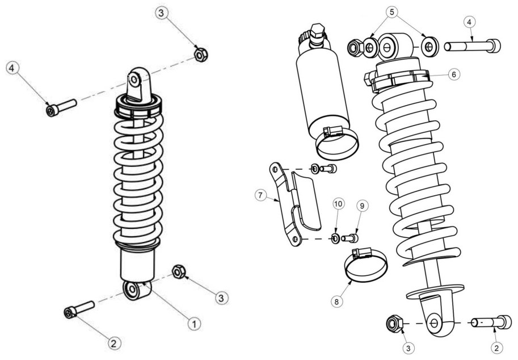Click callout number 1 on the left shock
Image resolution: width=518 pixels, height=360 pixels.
coord(194,324)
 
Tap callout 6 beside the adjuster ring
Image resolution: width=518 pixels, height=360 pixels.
coord(453,74)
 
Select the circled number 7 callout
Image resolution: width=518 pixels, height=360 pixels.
coord(260,195)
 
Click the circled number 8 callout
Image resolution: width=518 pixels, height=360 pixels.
coord(336,301)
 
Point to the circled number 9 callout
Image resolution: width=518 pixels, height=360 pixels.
coord(362,206)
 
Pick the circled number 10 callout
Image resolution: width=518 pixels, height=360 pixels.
coord(338,204)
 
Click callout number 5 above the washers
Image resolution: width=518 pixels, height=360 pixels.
coord(392,12)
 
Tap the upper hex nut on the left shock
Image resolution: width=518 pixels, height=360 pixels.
coord(200,54)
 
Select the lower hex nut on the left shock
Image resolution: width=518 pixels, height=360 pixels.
coord(178,271)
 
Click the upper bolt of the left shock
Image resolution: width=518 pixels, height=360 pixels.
coord(61,107)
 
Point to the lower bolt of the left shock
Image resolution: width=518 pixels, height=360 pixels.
coord(79,309)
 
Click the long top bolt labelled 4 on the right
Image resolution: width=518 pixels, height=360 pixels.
coord(473,45)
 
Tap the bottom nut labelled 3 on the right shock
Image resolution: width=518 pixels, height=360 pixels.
coord(394,323)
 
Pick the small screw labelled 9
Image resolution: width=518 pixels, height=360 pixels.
coord(350,238)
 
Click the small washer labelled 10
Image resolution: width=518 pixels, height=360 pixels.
coord(335,238)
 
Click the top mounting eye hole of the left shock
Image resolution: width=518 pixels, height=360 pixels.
coord(134,79)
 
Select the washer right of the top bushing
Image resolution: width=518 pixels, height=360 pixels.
coord(430,47)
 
